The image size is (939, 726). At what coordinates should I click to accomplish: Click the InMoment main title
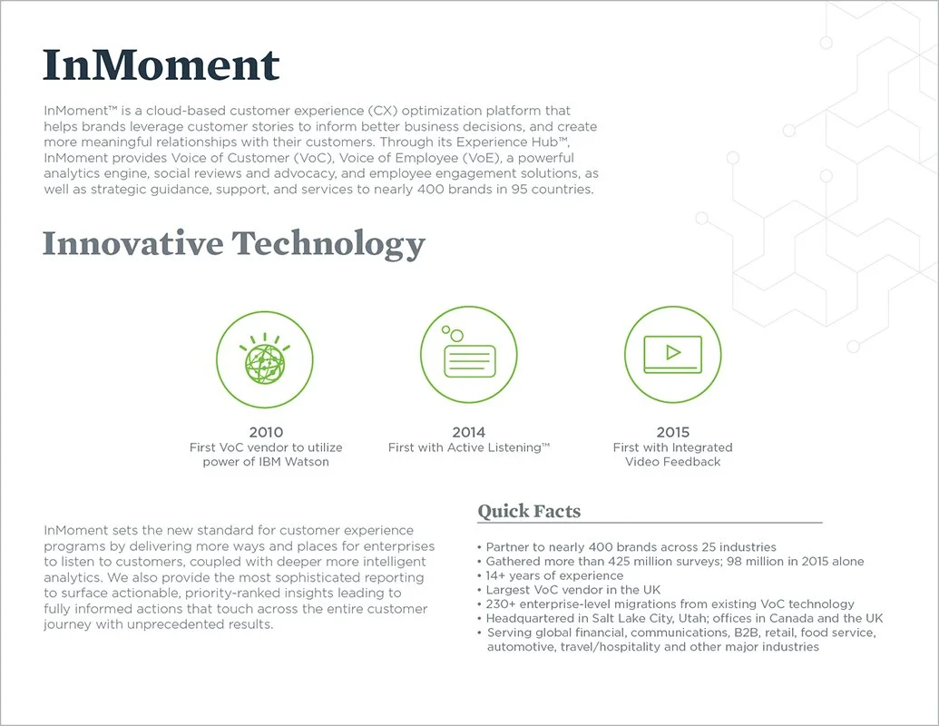(x=161, y=65)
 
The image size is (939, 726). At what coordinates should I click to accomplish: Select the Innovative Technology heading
(x=233, y=243)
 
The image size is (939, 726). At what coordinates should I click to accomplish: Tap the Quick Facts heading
(x=529, y=511)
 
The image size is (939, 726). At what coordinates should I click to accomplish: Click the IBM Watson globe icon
(x=265, y=356)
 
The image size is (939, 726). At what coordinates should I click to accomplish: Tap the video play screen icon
(x=672, y=354)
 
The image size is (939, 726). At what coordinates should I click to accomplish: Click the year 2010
(x=266, y=432)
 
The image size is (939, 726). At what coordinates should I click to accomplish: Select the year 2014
(x=469, y=432)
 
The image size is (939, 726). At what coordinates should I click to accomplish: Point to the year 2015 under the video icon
(x=672, y=432)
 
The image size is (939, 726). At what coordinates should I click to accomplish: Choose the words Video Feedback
(x=672, y=462)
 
